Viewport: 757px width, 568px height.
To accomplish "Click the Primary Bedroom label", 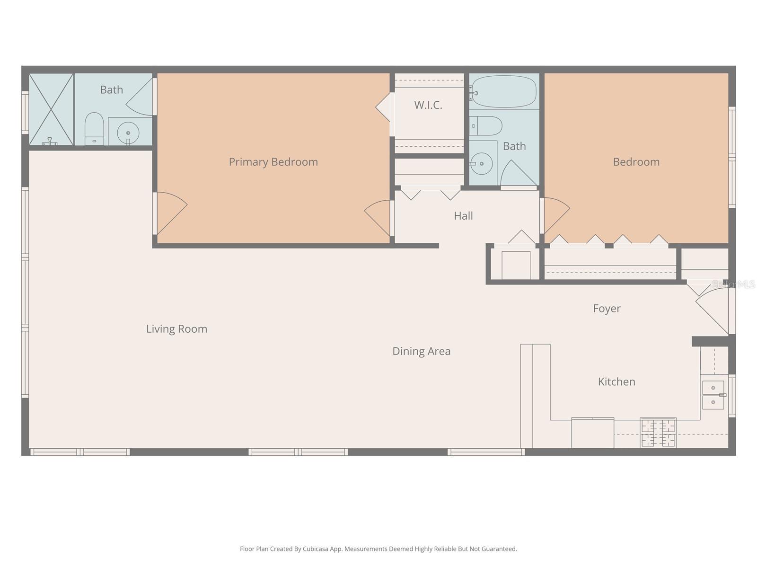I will click(273, 162).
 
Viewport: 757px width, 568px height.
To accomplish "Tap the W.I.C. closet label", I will click(428, 105).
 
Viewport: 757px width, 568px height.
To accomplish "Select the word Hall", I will click(463, 216).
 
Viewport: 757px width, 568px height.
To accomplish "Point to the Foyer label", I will click(607, 309).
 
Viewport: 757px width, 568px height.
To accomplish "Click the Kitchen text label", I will click(616, 382).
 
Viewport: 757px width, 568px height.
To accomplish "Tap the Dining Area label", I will click(421, 351).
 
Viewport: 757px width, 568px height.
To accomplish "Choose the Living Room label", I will click(176, 329).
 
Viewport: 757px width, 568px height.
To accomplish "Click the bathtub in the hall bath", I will click(505, 92).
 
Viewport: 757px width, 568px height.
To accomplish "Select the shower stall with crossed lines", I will click(51, 109).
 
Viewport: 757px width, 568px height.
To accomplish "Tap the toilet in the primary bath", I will click(94, 128).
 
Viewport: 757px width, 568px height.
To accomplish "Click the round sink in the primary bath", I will click(128, 133).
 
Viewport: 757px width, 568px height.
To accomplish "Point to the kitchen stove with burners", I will click(658, 433).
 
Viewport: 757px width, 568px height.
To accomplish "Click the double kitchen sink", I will click(713, 395).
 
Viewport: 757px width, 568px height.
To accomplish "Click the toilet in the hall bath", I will click(487, 126).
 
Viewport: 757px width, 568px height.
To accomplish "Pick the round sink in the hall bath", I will click(482, 164).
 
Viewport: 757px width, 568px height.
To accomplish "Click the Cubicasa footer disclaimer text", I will click(378, 549).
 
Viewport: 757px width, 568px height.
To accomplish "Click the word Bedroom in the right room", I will click(636, 162).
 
